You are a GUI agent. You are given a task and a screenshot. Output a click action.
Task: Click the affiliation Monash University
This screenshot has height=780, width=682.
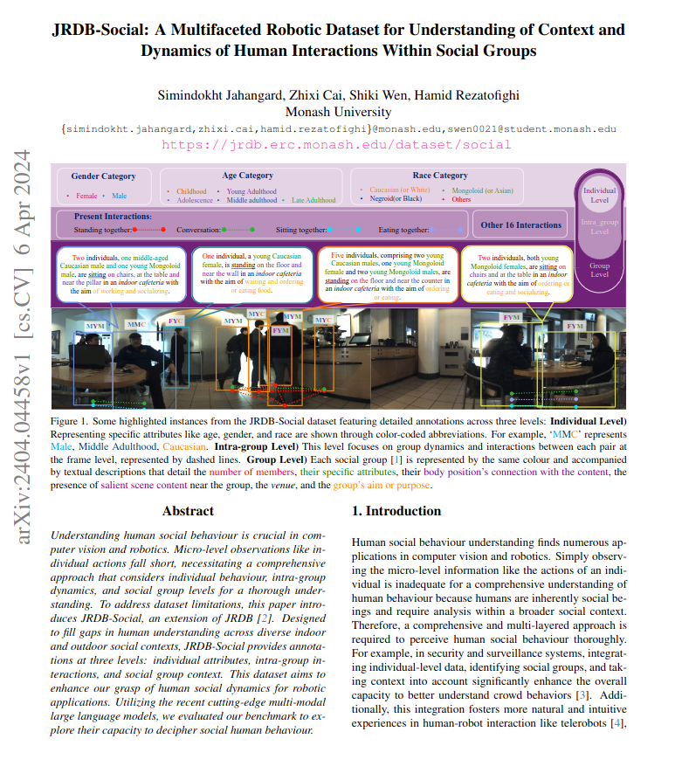point(340,111)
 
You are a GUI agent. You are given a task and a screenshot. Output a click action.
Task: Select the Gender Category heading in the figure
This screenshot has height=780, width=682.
point(104,176)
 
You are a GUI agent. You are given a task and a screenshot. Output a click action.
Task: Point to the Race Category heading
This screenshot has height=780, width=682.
point(438,176)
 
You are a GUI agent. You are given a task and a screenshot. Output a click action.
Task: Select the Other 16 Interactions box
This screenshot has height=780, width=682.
point(520,225)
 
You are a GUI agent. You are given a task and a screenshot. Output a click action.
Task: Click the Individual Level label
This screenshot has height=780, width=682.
point(600,194)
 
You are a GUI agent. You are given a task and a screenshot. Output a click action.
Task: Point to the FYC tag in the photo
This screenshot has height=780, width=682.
point(176,321)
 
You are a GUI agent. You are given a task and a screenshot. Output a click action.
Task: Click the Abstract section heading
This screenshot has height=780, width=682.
point(188,511)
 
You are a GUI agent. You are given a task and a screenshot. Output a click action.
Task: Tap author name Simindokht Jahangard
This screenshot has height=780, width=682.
point(214,93)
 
